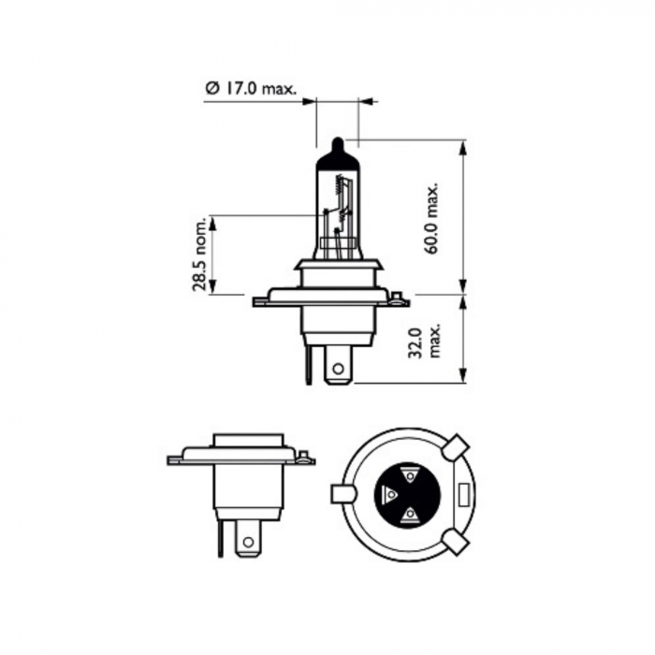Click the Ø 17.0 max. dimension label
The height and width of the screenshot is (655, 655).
[x=250, y=90]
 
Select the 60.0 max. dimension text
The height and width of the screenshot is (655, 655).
[x=431, y=216]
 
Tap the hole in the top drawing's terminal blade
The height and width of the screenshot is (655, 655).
[x=338, y=368]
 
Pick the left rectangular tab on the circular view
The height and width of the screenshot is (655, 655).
[x=342, y=493]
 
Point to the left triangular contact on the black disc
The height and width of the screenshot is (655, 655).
[x=391, y=493]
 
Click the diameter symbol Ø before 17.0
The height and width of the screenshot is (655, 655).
[x=211, y=90]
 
